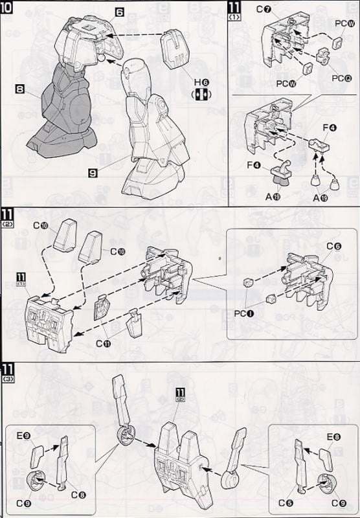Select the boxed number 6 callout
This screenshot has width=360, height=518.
coord(119,12)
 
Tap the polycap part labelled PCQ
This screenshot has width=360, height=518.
coord(321,63)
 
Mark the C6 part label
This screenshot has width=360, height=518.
coord(333,246)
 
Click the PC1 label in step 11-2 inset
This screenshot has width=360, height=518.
coord(244,313)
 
